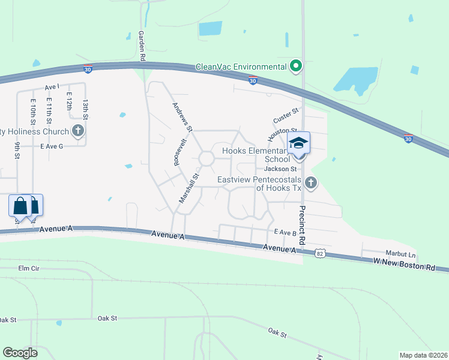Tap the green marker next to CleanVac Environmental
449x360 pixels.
pos(295,66)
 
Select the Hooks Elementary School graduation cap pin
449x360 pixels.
pos(298,145)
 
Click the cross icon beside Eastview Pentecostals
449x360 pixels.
pos(310,182)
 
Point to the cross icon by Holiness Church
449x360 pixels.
pos(77,131)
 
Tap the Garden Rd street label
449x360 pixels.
pos(142,46)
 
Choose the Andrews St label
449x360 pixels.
pos(182,117)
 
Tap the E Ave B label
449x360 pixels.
pos(285,232)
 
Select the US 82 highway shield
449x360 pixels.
pos(322,254)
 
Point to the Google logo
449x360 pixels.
pos(20,352)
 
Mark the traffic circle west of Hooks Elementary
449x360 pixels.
pos(206,159)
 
